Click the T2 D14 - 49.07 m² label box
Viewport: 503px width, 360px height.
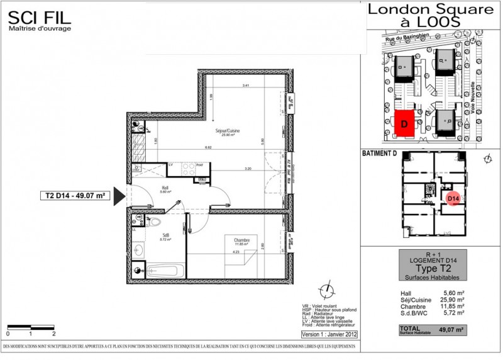[74, 196]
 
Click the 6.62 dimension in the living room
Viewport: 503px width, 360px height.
[207, 147]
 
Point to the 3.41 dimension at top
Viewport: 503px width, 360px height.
[237, 86]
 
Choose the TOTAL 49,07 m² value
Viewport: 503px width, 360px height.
[451, 329]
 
